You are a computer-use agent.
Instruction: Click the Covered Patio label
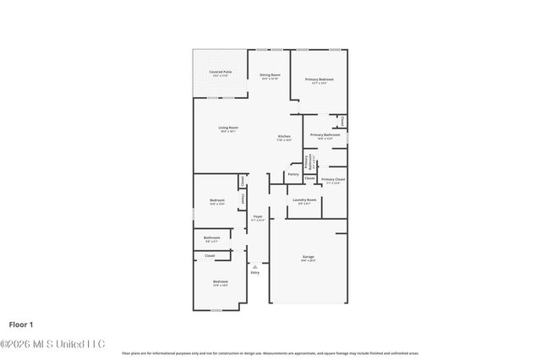(x=221, y=73)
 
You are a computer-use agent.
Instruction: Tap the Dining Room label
(x=270, y=75)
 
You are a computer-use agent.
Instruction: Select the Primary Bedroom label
(x=319, y=79)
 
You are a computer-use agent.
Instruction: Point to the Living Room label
(x=228, y=128)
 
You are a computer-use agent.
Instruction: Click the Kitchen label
(x=285, y=137)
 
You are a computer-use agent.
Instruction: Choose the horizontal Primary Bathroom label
(x=325, y=135)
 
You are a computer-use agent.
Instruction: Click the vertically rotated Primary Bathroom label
(x=310, y=161)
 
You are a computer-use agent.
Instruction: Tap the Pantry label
(x=292, y=174)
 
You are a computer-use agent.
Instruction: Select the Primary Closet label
(x=333, y=180)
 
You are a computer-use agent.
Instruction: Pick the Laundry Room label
(x=305, y=200)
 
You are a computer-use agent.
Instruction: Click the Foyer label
(x=258, y=217)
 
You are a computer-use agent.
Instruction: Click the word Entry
(x=254, y=272)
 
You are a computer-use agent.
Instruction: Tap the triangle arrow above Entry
(x=254, y=266)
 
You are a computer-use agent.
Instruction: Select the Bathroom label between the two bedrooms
(x=211, y=238)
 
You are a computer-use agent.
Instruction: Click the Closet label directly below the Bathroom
(x=210, y=255)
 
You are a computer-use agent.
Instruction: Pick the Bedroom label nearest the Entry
(x=220, y=281)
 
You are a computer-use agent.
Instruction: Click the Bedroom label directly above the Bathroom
(x=216, y=200)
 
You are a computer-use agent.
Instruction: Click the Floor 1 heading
(x=20, y=324)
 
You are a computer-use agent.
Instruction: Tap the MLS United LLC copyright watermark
(x=52, y=343)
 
